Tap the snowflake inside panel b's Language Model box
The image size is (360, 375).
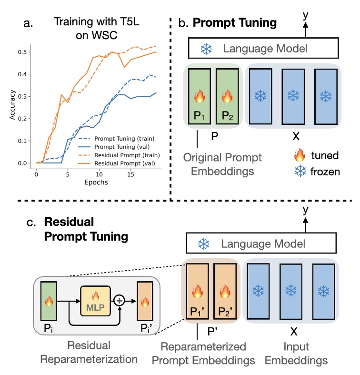pos(207,49)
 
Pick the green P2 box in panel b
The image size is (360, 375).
pos(226,97)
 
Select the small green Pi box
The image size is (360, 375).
pos(48,301)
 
